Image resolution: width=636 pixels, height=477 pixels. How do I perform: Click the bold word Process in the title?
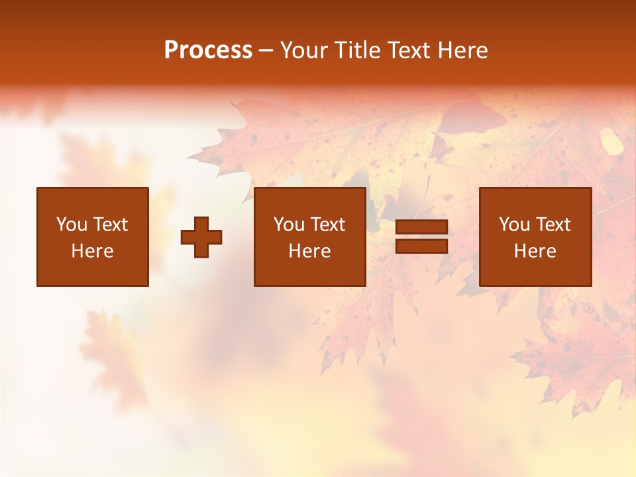(208, 50)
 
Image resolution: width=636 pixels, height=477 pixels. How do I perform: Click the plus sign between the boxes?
(201, 237)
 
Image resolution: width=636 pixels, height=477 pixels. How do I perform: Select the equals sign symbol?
(421, 237)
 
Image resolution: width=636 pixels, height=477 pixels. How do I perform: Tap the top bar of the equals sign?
(421, 227)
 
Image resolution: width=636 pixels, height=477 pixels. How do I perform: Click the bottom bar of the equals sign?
(421, 246)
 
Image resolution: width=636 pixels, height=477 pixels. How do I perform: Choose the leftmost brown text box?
(93, 237)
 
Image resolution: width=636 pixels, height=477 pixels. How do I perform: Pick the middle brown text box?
(309, 237)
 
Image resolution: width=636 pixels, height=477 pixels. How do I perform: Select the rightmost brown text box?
(535, 237)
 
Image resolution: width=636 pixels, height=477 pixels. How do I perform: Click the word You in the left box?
(72, 225)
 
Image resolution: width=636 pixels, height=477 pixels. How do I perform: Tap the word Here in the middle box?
(309, 251)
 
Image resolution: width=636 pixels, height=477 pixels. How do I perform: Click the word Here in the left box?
(93, 251)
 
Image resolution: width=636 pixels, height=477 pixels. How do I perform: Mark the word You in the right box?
(515, 225)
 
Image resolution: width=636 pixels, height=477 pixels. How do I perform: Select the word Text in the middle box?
(327, 225)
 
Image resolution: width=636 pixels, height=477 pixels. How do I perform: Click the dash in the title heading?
(266, 51)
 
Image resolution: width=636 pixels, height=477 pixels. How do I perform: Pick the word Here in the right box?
(535, 251)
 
